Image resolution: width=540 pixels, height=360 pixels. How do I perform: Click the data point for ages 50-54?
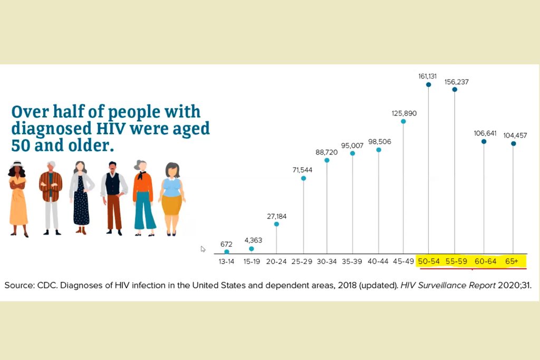[428, 84]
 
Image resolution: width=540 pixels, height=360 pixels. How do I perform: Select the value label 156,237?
[456, 82]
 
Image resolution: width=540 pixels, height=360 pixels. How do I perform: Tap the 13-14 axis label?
[227, 261]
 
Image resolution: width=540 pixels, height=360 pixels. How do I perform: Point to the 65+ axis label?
[512, 261]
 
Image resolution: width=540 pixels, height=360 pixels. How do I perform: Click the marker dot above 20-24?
[276, 224]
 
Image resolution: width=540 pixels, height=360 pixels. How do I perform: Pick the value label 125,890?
[404, 113]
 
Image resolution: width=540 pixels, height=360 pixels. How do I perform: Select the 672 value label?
[226, 244]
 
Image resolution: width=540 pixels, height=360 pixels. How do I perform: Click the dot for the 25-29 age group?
[303, 178]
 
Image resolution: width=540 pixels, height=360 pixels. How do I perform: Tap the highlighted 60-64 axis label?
[485, 261]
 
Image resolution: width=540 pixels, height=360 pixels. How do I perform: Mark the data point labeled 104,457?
[513, 143]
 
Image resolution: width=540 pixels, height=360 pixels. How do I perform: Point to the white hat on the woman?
[17, 164]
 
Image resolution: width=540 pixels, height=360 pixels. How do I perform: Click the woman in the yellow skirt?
[171, 198]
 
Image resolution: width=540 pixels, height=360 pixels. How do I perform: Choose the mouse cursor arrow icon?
[203, 249]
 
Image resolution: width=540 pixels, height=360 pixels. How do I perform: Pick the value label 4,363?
[253, 240]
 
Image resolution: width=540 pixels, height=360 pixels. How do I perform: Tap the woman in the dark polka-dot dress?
[81, 198]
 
